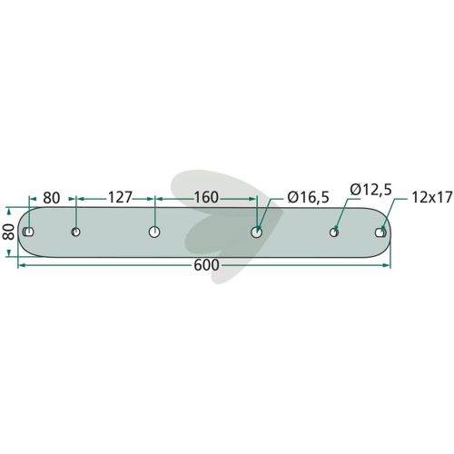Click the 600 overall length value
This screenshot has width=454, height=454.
(x=206, y=265)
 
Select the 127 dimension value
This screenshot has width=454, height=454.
(x=120, y=198)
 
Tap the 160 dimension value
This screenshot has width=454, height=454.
(x=206, y=198)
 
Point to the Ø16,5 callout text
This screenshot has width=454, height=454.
(x=308, y=198)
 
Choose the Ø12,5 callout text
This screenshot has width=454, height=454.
(x=370, y=190)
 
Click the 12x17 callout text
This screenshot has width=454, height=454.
(x=432, y=198)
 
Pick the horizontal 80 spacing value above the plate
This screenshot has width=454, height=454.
(x=52, y=198)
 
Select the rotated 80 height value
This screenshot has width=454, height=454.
(x=9, y=232)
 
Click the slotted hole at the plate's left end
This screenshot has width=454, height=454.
(x=28, y=232)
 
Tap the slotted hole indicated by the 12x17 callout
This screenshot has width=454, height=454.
(x=380, y=232)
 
